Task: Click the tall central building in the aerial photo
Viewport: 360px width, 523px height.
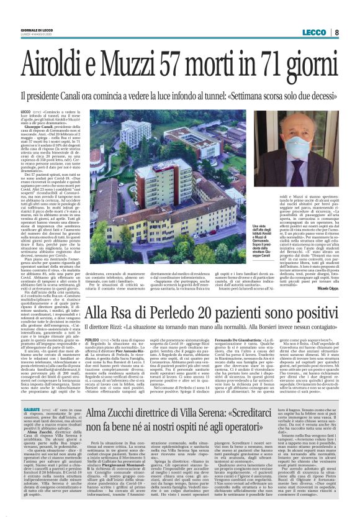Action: pos(158,186)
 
